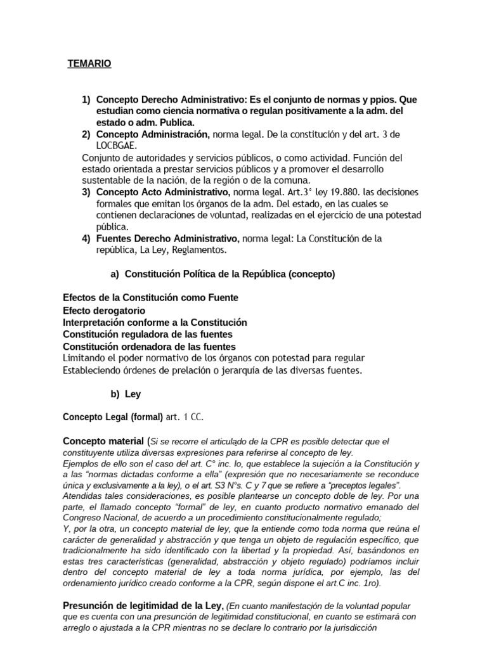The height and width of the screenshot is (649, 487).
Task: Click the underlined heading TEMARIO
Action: click(x=89, y=64)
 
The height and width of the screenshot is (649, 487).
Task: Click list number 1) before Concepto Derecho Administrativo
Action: click(x=86, y=100)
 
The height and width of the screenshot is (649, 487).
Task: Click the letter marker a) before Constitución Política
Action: click(x=115, y=274)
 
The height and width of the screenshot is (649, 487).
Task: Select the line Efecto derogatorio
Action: click(x=104, y=311)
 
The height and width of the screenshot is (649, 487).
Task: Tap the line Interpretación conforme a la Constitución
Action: click(x=155, y=323)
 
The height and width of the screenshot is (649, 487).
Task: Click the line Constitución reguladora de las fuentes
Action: click(x=148, y=334)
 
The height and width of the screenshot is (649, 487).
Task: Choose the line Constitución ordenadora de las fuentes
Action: click(x=150, y=347)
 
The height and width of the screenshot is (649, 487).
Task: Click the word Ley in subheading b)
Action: click(x=133, y=394)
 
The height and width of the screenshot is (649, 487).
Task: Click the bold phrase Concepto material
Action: click(x=103, y=440)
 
